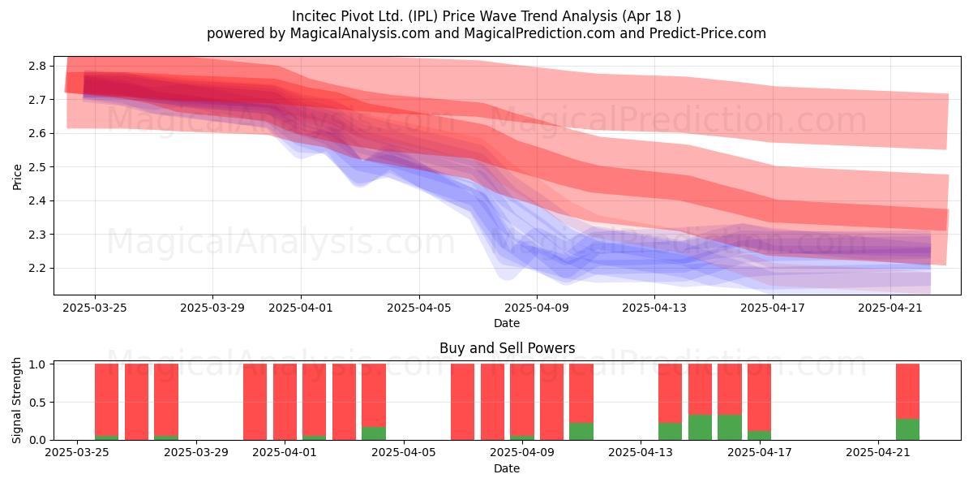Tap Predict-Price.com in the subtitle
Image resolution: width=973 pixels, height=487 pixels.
pyautogui.click(x=708, y=33)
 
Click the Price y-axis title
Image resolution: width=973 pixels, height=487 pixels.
pyautogui.click(x=17, y=177)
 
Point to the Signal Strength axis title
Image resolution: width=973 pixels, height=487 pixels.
pyautogui.click(x=16, y=400)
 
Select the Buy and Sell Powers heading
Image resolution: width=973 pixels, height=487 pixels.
pyautogui.click(x=507, y=348)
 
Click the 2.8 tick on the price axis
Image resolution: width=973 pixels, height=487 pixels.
pyautogui.click(x=37, y=66)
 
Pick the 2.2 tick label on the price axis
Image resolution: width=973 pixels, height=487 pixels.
pyautogui.click(x=37, y=269)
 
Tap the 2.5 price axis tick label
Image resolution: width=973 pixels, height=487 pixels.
pyautogui.click(x=37, y=167)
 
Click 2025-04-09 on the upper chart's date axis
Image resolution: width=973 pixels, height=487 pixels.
pyautogui.click(x=537, y=308)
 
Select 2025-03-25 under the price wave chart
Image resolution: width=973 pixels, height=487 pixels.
pyautogui.click(x=95, y=308)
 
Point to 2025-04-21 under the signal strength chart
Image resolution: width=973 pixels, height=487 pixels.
pyautogui.click(x=878, y=453)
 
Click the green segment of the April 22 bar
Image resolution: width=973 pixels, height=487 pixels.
pyautogui.click(x=907, y=429)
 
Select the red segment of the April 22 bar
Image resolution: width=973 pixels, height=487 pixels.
pyautogui.click(x=907, y=391)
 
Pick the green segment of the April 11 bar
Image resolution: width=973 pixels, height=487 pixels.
pyautogui.click(x=581, y=431)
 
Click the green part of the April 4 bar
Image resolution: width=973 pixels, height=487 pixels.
pyautogui.click(x=374, y=433)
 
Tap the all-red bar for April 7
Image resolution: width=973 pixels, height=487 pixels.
pyautogui.click(x=463, y=402)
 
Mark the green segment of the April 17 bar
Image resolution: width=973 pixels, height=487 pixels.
pyautogui.click(x=759, y=435)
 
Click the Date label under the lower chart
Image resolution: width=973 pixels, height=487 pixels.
pyautogui.click(x=507, y=468)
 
